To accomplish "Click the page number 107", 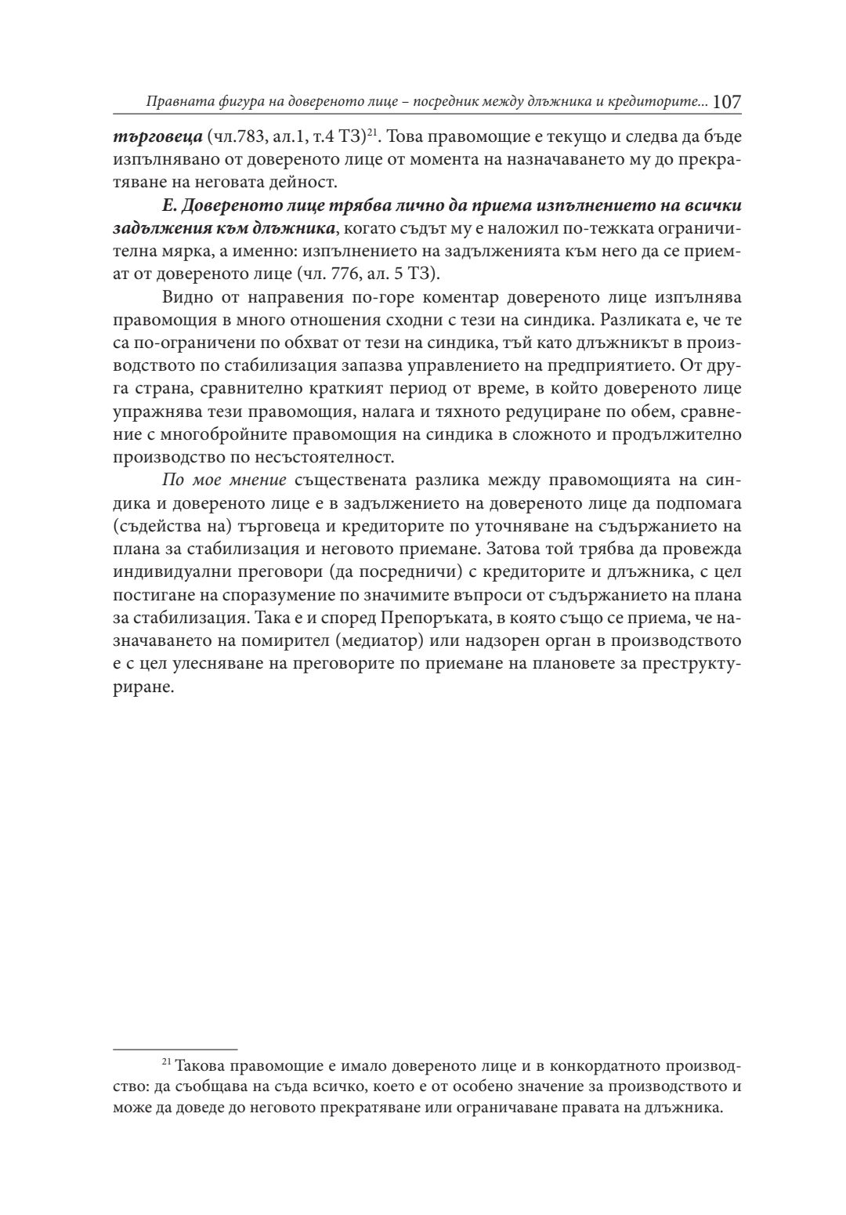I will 727,102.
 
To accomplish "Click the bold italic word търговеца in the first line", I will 147,137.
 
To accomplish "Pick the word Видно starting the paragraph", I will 184,297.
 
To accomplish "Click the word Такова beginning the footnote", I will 200,1067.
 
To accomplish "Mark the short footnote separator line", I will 175,1049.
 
